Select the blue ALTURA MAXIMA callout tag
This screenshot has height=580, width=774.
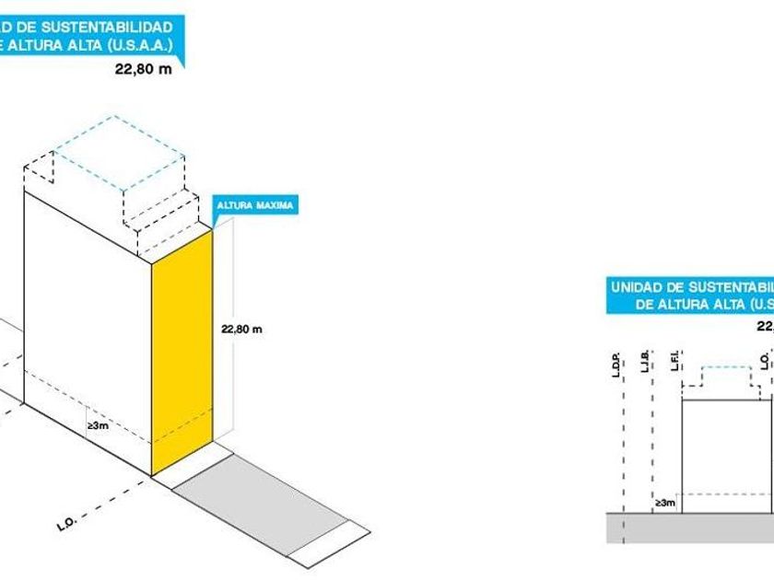253,205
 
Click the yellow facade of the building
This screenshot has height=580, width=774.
182,354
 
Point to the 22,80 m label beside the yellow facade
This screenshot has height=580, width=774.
242,329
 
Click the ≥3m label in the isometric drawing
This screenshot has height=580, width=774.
98,426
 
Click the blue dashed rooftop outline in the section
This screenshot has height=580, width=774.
728,375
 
